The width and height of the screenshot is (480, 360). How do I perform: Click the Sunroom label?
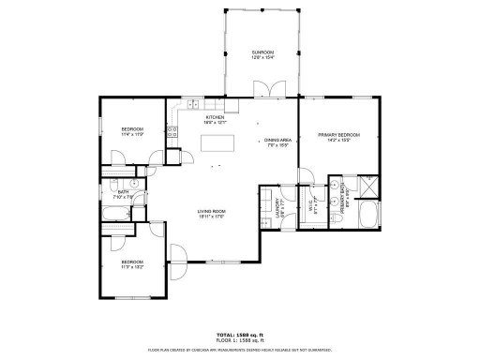pos(262,54)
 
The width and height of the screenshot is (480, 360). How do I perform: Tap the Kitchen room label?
pos(216,119)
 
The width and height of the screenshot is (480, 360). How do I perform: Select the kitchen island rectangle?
pos(217,143)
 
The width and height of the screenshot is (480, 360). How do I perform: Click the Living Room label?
pos(211,213)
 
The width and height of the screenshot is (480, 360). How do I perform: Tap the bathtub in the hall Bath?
pos(114,221)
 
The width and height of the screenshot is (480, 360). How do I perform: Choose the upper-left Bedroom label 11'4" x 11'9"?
pos(132,131)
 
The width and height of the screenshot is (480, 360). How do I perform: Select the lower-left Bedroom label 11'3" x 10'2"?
pos(132,263)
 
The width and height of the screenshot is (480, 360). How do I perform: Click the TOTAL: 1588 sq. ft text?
pos(239,334)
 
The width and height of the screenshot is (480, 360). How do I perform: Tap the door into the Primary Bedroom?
pos(307,175)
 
